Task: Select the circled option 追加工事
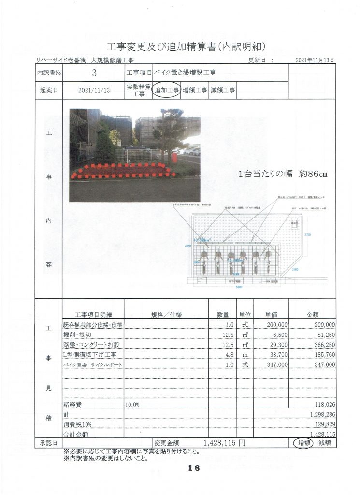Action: point(166,90)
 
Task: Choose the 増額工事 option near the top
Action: point(195,90)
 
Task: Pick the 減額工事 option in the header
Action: point(223,90)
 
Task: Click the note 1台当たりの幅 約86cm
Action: point(283,175)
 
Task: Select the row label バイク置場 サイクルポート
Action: point(93,364)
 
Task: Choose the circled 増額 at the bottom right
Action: point(303,443)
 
